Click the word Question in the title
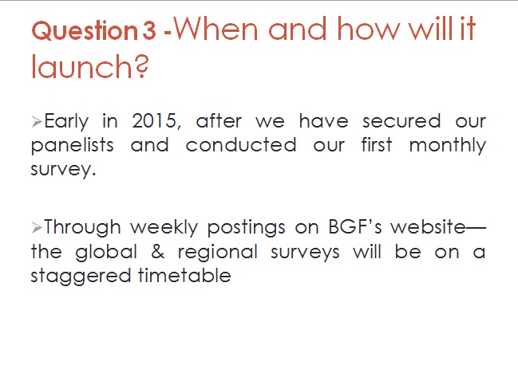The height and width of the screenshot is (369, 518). pos(84,31)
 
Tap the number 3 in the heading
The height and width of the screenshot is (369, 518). pos(149,30)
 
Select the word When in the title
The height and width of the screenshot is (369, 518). pos(216,29)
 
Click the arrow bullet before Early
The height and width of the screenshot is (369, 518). pos(37,122)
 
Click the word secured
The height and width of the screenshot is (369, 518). pos(401,120)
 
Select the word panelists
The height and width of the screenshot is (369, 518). pos(73,146)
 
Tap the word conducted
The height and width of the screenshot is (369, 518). pos(241,145)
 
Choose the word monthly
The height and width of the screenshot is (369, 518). pos(448,146)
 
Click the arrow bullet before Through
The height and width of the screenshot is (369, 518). pos(37,227)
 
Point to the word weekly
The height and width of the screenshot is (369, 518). pos(164,227)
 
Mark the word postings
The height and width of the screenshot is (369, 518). pos(246,228)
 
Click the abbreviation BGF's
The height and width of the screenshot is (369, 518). pos(355,227)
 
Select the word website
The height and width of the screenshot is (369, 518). pos(428,227)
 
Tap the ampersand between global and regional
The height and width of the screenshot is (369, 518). pos(157,252)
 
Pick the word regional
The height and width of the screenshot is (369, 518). pos(218,253)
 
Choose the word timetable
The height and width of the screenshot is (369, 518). pos(184,275)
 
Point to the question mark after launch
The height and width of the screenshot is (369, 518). pos(141,67)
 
